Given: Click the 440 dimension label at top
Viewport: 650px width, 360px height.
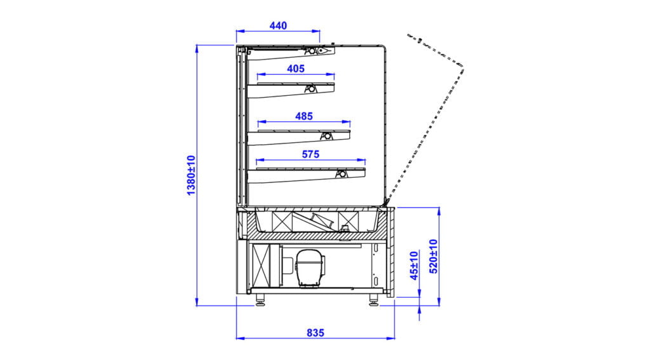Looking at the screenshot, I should click(278, 26).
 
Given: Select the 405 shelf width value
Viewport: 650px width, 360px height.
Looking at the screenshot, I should click(296, 69).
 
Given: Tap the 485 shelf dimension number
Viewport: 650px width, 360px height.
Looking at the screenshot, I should click(303, 116).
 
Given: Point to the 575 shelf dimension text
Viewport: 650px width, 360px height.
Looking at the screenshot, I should click(311, 154).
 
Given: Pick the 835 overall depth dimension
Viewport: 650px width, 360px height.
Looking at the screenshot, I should click(315, 332).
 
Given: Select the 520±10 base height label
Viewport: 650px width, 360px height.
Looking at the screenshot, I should click(434, 255).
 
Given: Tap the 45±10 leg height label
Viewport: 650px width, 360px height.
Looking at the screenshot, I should click(414, 265).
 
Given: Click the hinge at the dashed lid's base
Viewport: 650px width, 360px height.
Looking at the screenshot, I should click(385, 203).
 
